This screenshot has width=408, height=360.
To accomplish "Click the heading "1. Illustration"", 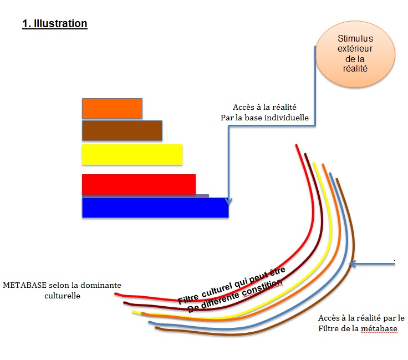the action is [55, 24].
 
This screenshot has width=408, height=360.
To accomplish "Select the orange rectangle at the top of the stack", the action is [112, 108].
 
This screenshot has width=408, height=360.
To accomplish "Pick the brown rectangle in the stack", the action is [122, 130].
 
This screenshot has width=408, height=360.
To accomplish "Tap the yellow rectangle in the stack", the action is [132, 155].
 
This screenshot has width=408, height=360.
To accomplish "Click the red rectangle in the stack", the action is [139, 185].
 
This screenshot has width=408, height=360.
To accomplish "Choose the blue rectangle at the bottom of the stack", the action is [155, 207].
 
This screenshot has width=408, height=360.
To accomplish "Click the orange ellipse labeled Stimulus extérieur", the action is [355, 54].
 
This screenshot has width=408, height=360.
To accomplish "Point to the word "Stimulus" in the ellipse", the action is [355, 38].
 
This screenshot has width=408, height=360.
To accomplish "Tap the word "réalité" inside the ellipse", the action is [355, 68].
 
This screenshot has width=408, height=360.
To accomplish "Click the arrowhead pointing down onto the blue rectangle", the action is [228, 201].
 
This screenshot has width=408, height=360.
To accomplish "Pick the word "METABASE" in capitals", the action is [25, 285].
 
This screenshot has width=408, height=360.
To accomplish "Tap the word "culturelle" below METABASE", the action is [62, 296].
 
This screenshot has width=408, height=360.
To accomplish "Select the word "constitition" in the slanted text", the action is [262, 288].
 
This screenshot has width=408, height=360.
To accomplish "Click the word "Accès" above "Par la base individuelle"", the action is [243, 107].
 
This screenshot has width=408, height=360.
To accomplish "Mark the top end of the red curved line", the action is [296, 145].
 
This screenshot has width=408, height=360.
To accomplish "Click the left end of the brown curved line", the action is [156, 328].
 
